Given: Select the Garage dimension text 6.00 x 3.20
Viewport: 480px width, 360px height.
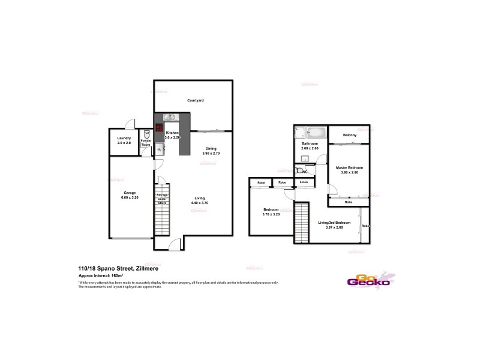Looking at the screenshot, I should pos(130,197).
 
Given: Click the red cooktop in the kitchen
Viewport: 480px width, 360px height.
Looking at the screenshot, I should pos(160,127).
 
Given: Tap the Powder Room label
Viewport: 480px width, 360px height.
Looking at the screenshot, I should pos(146,143).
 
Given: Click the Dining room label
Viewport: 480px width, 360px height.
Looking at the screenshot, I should pos(211,149).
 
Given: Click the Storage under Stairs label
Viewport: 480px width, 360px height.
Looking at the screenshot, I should pos(162,199).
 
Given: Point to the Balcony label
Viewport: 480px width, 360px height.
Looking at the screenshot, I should pos(350,135).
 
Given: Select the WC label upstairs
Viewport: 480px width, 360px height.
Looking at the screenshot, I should pos(305,172).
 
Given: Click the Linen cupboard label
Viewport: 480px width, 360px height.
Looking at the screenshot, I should pos(304,182).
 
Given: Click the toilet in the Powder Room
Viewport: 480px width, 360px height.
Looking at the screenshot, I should pos(146,133).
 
